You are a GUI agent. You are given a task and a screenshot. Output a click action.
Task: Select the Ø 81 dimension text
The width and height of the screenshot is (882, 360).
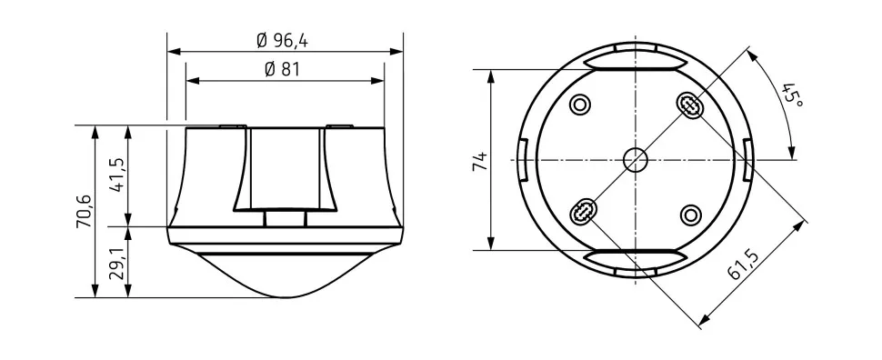pos(283,70)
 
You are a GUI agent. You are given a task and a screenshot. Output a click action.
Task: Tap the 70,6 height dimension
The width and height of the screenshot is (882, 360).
pos(85,212)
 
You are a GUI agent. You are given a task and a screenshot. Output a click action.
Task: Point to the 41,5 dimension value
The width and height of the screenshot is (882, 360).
pos(118,175)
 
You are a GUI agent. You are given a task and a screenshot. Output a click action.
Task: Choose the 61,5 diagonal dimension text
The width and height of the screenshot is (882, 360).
pos(743,264)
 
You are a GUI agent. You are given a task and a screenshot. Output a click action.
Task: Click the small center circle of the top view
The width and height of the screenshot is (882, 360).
pos(635,160)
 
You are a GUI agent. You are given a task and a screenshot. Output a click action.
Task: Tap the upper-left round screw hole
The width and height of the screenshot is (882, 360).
pos(580,104)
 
